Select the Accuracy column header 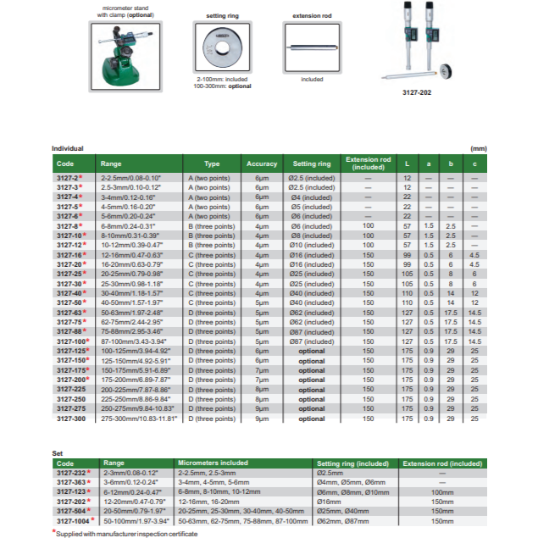(262, 164)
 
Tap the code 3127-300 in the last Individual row (70, 418)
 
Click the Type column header (212, 164)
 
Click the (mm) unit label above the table (480, 149)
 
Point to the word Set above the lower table (58, 453)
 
